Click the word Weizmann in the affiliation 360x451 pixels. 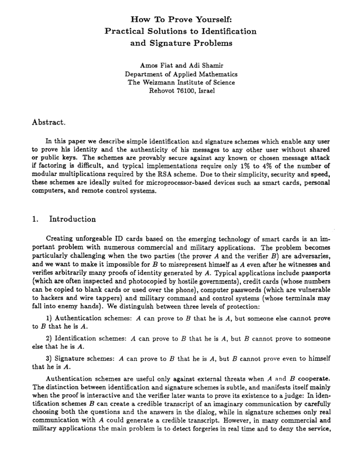click(x=166, y=82)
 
